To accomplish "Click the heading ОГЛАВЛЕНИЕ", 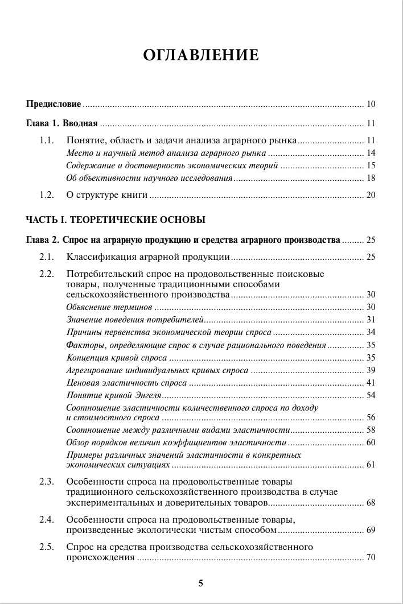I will (201, 55).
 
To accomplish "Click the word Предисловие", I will (54, 104).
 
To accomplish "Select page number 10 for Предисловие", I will (371, 104).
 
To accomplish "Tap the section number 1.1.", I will (47, 140).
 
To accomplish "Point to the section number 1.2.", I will (47, 195).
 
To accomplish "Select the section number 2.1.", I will (47, 257).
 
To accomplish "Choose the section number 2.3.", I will (47, 482).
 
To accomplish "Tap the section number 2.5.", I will (47, 547).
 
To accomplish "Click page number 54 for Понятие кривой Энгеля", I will (371, 395).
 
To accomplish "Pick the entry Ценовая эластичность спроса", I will (126, 382).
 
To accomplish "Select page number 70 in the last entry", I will (371, 557).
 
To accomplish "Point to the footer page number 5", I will (200, 583).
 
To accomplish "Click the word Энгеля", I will (148, 395).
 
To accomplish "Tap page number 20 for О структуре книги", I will (371, 195).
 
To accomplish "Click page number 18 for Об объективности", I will (371, 178).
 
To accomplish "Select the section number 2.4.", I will (47, 519).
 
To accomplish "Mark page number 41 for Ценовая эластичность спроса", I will (371, 382).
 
